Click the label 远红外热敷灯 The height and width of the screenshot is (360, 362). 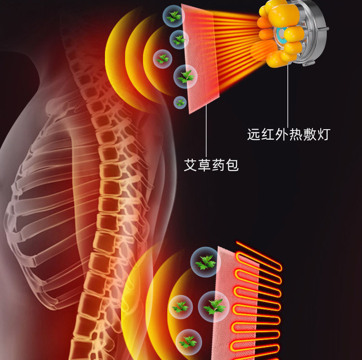pos(288,134)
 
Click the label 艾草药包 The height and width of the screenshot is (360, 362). pos(211,165)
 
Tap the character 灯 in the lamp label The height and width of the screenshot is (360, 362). pos(324,134)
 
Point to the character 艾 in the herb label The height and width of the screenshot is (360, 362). pos(191,165)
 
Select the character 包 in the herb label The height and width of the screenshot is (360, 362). pos(232,165)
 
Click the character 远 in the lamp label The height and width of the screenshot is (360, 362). pos(253,134)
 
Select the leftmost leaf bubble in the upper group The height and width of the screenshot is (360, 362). pos(163,59)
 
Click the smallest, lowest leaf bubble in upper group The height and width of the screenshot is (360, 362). pos(181,102)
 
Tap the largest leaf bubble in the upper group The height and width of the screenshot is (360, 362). pos(186,76)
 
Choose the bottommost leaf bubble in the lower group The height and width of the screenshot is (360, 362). pos(188,341)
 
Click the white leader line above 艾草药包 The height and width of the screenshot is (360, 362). pos(206,133)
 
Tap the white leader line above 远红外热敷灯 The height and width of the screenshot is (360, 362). pos(288,96)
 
